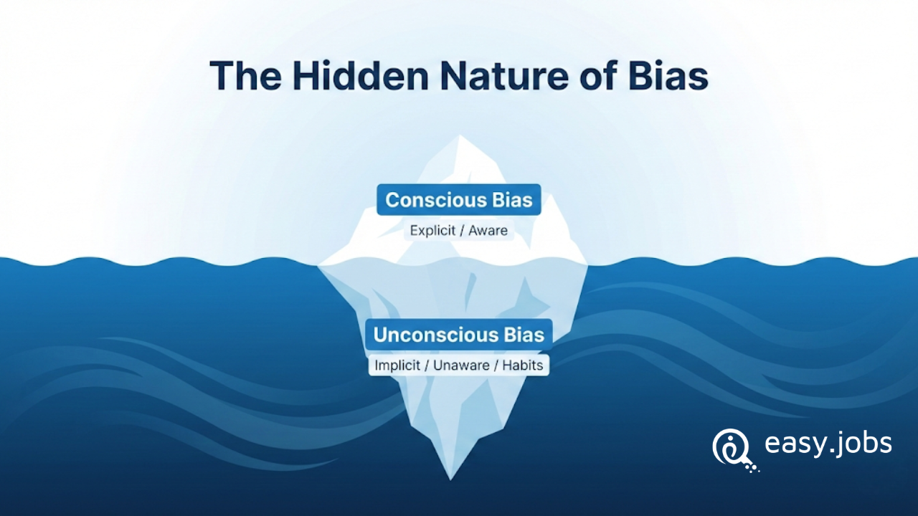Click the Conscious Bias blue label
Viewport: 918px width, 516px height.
click(459, 200)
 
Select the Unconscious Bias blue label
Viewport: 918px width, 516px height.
click(459, 335)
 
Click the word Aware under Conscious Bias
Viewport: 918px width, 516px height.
click(488, 231)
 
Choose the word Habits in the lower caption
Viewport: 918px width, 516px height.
click(523, 365)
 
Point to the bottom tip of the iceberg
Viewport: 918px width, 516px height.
click(450, 477)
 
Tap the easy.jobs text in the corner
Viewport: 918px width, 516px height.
click(828, 444)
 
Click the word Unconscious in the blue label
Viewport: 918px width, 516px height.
click(435, 335)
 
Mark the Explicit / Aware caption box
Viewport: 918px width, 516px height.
click(459, 231)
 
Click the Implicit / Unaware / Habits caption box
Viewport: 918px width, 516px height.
click(459, 365)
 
